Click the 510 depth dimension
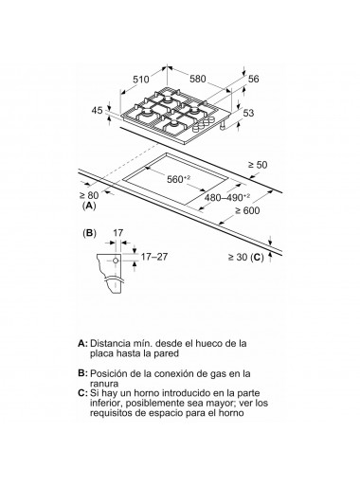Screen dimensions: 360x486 click(x=140, y=79)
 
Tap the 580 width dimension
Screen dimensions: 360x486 click(x=198, y=79)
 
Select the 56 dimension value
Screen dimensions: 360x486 click(x=253, y=79)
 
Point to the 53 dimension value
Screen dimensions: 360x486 click(x=248, y=113)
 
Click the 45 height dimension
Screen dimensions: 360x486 click(x=98, y=110)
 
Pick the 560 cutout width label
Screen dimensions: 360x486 click(x=179, y=179)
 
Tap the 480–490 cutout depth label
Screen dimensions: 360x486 click(x=227, y=198)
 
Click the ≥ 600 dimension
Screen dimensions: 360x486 click(x=247, y=210)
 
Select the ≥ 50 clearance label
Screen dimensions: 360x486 click(x=258, y=165)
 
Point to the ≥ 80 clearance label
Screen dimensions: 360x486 click(x=89, y=195)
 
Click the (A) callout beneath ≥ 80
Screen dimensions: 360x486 click(x=89, y=206)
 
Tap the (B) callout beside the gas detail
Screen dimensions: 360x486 click(x=89, y=233)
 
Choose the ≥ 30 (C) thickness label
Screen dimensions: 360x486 click(x=245, y=258)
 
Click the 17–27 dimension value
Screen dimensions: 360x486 click(x=154, y=257)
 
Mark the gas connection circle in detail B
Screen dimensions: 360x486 click(x=116, y=261)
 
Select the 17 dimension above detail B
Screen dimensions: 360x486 click(x=117, y=233)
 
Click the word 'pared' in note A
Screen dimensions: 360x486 click(x=166, y=353)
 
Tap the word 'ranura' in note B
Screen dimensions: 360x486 click(x=104, y=384)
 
